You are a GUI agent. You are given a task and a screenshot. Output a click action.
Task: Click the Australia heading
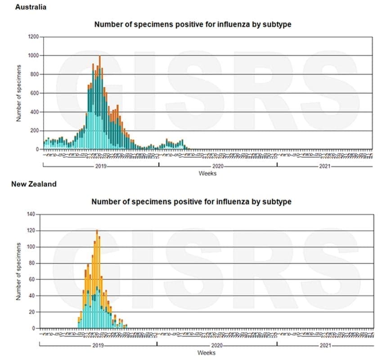pyautogui.click(x=31, y=8)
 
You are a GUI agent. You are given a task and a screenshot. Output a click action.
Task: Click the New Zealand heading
pyautogui.click(x=34, y=184)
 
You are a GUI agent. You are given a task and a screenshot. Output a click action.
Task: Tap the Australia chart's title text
pyautogui.click(x=192, y=24)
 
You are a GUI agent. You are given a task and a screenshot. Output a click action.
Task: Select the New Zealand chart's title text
pyautogui.click(x=191, y=202)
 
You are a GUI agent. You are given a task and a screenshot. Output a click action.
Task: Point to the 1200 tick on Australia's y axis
pyautogui.click(x=33, y=36)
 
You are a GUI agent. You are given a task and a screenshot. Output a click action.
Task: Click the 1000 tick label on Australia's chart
pyautogui.click(x=33, y=55)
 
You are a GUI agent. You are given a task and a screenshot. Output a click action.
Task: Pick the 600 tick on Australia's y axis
pyautogui.click(x=34, y=93)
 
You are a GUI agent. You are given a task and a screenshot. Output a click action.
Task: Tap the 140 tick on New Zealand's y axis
pyautogui.click(x=31, y=214)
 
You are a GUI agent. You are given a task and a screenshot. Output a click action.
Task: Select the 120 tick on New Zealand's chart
pyautogui.click(x=31, y=231)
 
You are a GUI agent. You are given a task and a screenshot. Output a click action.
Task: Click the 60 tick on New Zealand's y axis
pyautogui.click(x=32, y=279)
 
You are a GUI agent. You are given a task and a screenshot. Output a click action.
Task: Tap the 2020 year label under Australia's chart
pyautogui.click(x=218, y=166)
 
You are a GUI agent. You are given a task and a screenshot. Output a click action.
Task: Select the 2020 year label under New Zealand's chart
pyautogui.click(x=217, y=346)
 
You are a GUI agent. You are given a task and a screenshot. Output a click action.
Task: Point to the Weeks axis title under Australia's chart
pyautogui.click(x=207, y=173)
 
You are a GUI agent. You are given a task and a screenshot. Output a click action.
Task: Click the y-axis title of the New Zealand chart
pyautogui.click(x=19, y=272)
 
